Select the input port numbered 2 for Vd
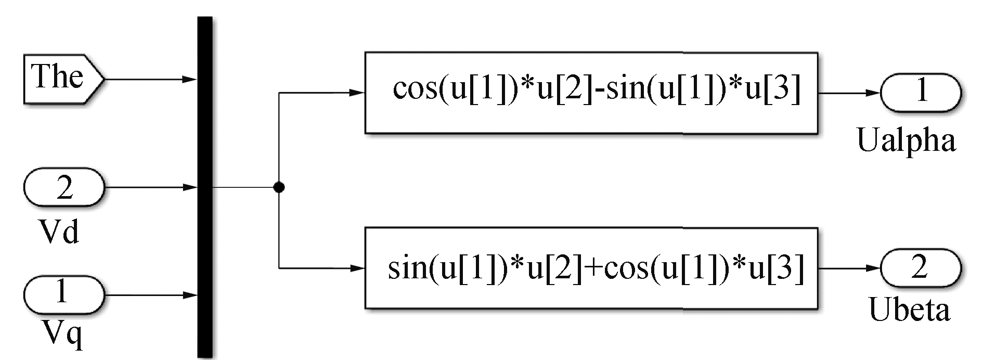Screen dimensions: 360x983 (64, 187)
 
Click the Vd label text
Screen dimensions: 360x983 (60, 230)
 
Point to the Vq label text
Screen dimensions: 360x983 (61, 333)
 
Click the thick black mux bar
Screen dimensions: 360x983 (205, 187)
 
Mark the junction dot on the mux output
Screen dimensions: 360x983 (279, 187)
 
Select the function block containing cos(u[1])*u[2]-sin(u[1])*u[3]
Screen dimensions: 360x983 (591, 93)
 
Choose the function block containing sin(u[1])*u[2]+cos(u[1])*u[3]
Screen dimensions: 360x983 (591, 268)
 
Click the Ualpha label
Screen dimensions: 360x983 (907, 140)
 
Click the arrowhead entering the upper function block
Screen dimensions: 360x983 (357, 93)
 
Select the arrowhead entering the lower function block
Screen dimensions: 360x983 (357, 268)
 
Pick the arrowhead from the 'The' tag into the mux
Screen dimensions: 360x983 (190, 80)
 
